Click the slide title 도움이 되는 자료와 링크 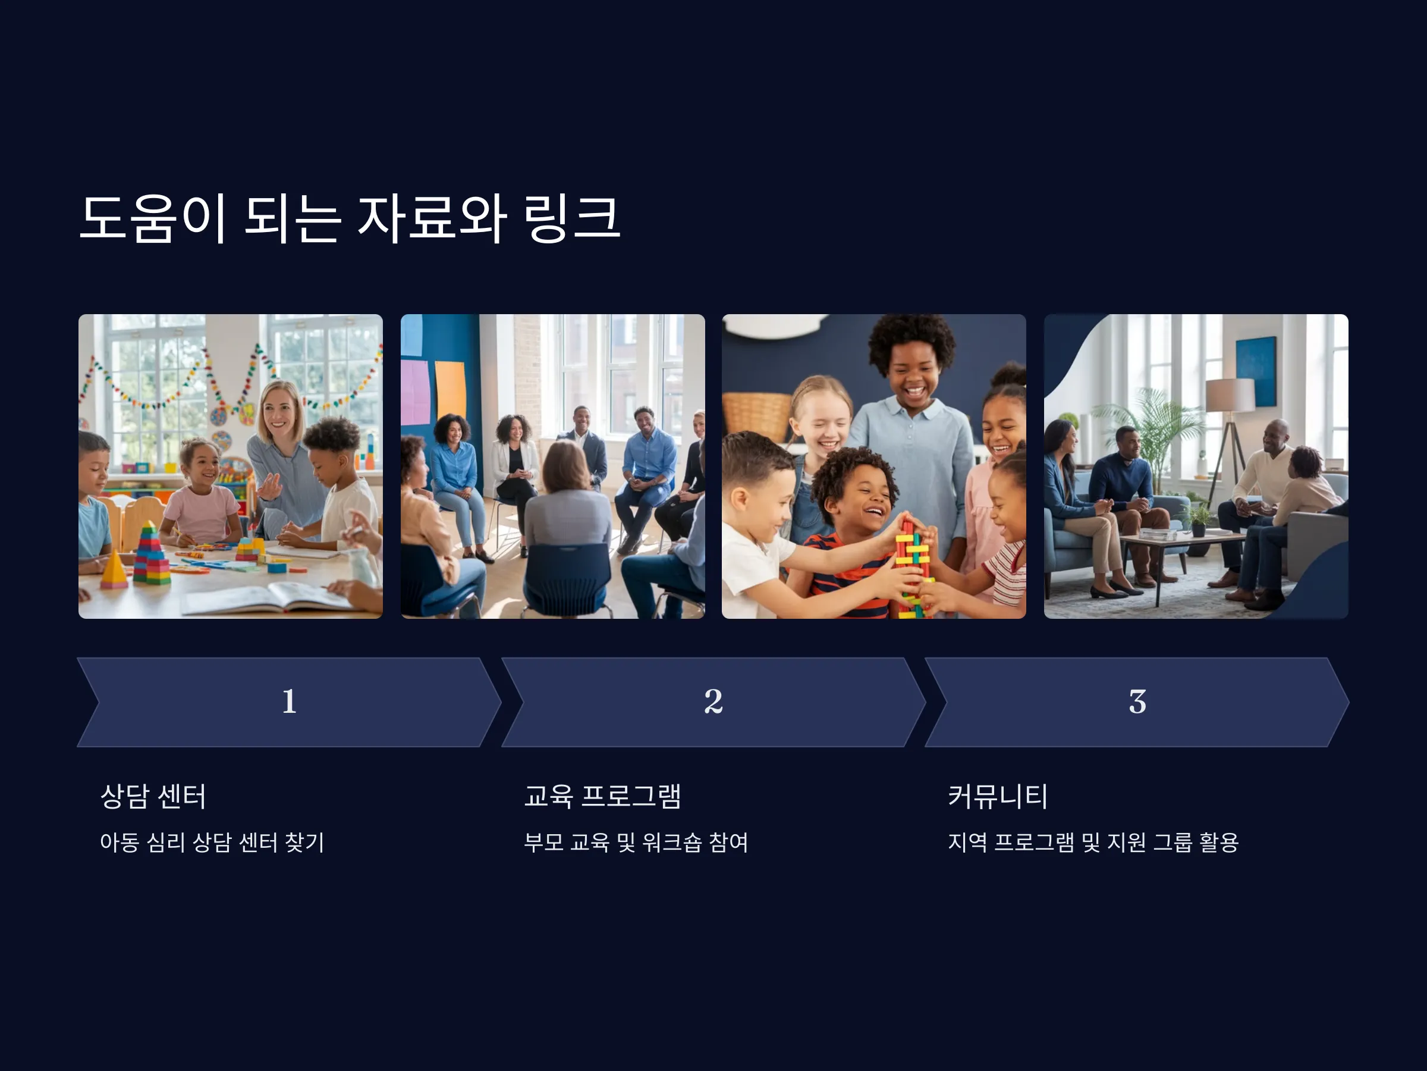(350, 218)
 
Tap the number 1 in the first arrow (289, 701)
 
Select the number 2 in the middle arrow (713, 701)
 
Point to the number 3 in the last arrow (1137, 702)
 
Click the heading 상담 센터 (153, 796)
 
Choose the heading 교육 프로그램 (602, 796)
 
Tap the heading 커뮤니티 (997, 796)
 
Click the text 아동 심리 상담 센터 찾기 (212, 842)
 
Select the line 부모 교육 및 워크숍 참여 (636, 842)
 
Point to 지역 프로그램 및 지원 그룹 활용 (1093, 842)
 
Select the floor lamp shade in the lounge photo (1230, 394)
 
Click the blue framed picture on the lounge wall (1256, 371)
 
